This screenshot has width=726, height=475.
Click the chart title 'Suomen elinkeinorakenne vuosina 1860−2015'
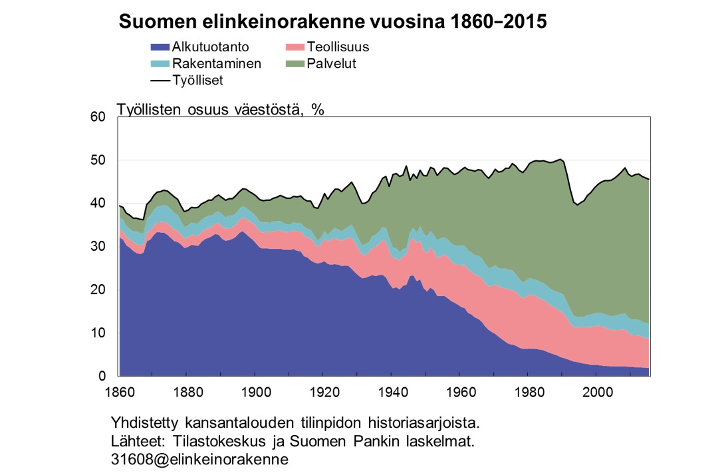coord(332,21)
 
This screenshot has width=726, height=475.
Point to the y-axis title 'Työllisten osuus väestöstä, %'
coord(221,110)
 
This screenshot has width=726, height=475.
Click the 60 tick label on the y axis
coord(98,118)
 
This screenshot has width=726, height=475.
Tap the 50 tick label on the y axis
coord(98,161)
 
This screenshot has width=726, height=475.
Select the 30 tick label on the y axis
coord(98,247)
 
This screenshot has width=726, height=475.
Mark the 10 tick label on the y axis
coord(98,333)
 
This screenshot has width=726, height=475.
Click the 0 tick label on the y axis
coord(102,377)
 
